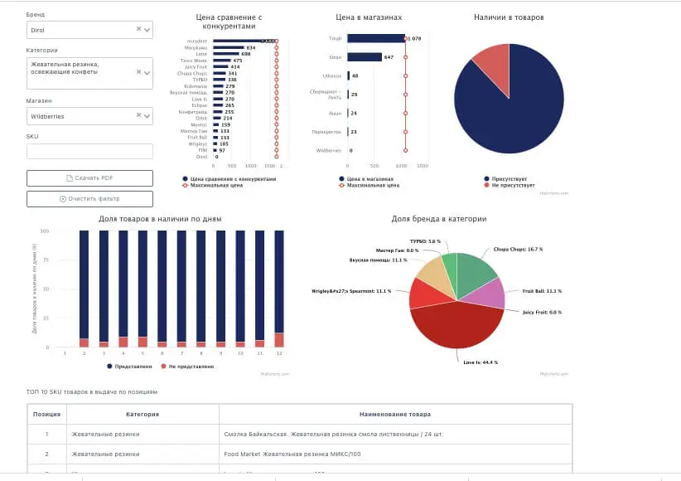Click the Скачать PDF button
coord(89,178)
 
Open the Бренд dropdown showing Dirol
coord(89,30)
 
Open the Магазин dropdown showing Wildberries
coord(89,116)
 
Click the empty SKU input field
coord(89,151)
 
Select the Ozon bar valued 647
coord(364,57)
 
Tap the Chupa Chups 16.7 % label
coord(518,249)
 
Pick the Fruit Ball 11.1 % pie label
coord(542,291)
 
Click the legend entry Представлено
coord(132,366)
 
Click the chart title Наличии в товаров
coord(509,17)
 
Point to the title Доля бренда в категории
coord(438,219)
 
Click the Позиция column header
coord(46,414)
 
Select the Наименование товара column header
coord(395,414)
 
